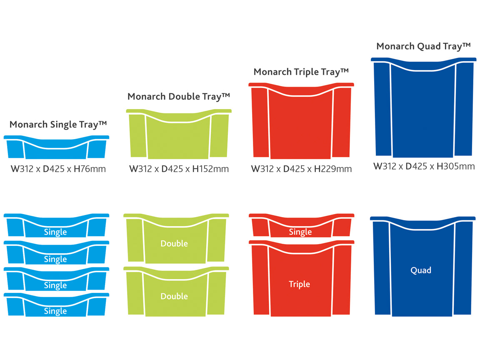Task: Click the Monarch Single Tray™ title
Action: pyautogui.click(x=58, y=125)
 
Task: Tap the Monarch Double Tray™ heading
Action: pyautogui.click(x=179, y=97)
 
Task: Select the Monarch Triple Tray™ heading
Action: pyautogui.click(x=301, y=72)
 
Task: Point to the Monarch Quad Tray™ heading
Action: pyautogui.click(x=423, y=46)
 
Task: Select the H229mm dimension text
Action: pyautogui.click(x=333, y=169)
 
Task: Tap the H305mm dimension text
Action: pyautogui.click(x=455, y=167)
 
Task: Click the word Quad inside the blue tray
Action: pyautogui.click(x=421, y=270)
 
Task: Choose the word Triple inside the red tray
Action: pyautogui.click(x=300, y=284)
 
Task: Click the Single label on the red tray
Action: pyautogui.click(x=300, y=232)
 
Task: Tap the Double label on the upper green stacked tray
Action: pyautogui.click(x=174, y=243)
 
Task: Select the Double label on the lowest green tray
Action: pyautogui.click(x=174, y=296)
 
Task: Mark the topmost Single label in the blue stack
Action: pyautogui.click(x=55, y=232)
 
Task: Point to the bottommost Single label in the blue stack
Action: pyautogui.click(x=55, y=311)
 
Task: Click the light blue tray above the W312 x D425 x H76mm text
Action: pyautogui.click(x=57, y=148)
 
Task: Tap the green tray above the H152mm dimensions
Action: pyautogui.click(x=179, y=135)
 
